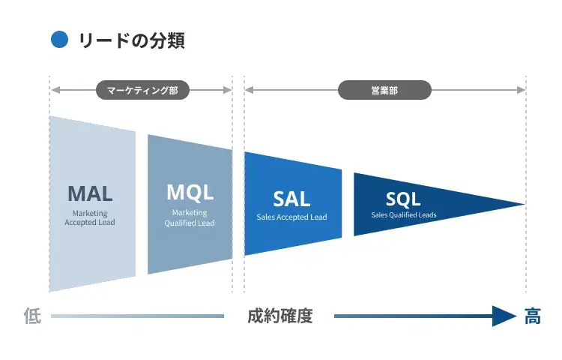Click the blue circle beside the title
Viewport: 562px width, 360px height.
(x=59, y=39)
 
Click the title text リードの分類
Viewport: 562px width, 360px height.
(x=131, y=40)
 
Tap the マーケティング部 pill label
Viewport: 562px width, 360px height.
(x=142, y=91)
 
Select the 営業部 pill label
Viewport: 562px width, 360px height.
(x=384, y=91)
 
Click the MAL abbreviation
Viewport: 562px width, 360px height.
(x=90, y=193)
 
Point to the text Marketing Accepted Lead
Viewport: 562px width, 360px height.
(x=90, y=218)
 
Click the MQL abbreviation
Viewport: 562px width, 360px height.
(x=190, y=192)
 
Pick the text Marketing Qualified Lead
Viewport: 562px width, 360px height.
(x=190, y=218)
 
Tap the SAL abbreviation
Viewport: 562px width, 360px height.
(x=291, y=199)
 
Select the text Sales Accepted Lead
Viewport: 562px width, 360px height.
(x=291, y=217)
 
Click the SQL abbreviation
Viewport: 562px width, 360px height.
(x=403, y=199)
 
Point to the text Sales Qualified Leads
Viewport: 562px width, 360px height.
(x=403, y=215)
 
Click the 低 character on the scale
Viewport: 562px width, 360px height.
(x=32, y=316)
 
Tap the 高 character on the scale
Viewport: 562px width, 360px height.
(x=532, y=316)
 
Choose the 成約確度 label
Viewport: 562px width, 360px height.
(x=280, y=316)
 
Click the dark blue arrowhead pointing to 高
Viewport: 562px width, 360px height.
(x=504, y=316)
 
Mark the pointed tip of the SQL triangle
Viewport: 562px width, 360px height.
(x=522, y=204)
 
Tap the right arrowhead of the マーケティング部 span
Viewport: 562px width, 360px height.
(x=228, y=91)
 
